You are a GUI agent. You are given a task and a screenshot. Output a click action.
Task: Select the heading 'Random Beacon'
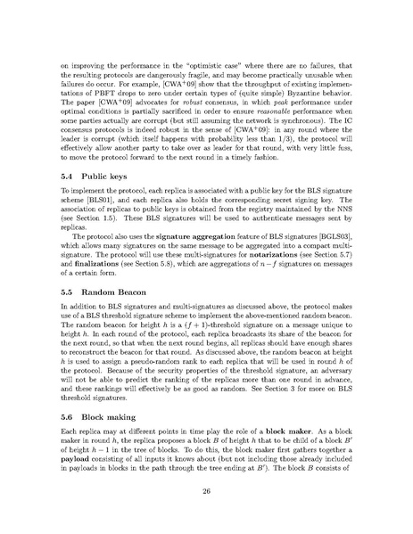click(x=111, y=291)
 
